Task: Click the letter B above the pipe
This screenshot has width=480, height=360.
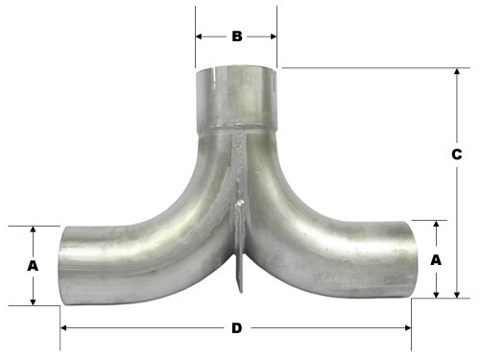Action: click(x=236, y=37)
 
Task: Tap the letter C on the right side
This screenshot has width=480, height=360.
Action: click(x=457, y=154)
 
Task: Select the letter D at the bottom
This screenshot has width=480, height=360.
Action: click(x=236, y=328)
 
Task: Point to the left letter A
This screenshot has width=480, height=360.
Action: click(x=33, y=265)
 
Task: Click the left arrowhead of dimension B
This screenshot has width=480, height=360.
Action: click(x=199, y=37)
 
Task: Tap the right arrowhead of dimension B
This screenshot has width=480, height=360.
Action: click(x=274, y=37)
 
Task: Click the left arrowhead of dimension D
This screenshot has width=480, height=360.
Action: click(x=65, y=328)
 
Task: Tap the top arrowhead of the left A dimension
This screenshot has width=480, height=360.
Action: click(x=33, y=230)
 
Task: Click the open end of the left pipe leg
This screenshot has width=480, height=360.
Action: click(x=62, y=266)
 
